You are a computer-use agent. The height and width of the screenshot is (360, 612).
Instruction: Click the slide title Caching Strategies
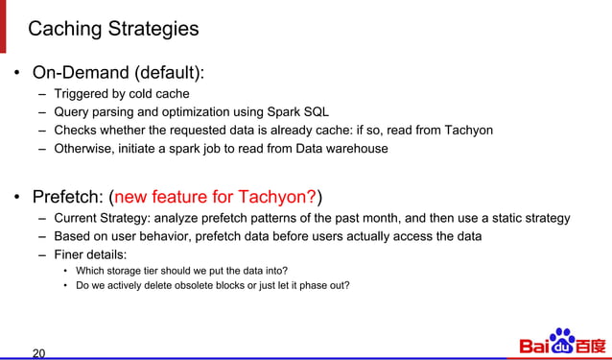tap(113, 29)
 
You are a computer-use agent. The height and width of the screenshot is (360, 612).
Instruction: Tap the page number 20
tap(38, 352)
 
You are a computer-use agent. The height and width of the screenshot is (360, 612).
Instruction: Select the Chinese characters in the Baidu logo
tap(591, 345)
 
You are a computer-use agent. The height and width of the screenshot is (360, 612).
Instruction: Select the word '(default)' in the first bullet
tap(171, 73)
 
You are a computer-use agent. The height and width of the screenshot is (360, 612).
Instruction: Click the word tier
tap(159, 271)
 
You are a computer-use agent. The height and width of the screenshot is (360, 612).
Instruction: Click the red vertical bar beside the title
tap(3, 26)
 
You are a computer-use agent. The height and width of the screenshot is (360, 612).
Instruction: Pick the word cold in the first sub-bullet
tap(156, 94)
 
